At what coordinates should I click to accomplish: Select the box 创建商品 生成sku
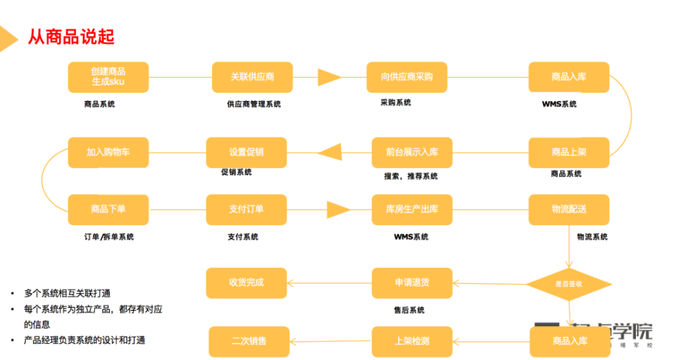pyautogui.click(x=108, y=77)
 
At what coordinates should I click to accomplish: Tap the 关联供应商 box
pyautogui.click(x=252, y=77)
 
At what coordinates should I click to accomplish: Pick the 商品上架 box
pyautogui.click(x=569, y=153)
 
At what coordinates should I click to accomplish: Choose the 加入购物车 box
pyautogui.click(x=108, y=153)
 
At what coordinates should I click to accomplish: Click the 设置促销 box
pyautogui.click(x=246, y=153)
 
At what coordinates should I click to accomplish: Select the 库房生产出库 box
pyautogui.click(x=412, y=209)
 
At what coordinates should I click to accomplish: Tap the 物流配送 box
pyautogui.click(x=569, y=209)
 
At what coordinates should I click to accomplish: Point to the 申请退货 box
pyautogui.click(x=412, y=283)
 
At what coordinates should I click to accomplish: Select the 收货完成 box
pyautogui.click(x=246, y=283)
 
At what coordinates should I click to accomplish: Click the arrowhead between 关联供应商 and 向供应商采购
pyautogui.click(x=330, y=77)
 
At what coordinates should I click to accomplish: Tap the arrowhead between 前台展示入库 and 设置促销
pyautogui.click(x=329, y=153)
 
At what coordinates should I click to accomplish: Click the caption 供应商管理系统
pyautogui.click(x=254, y=104)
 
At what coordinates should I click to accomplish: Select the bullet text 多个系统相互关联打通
pyautogui.click(x=67, y=294)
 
